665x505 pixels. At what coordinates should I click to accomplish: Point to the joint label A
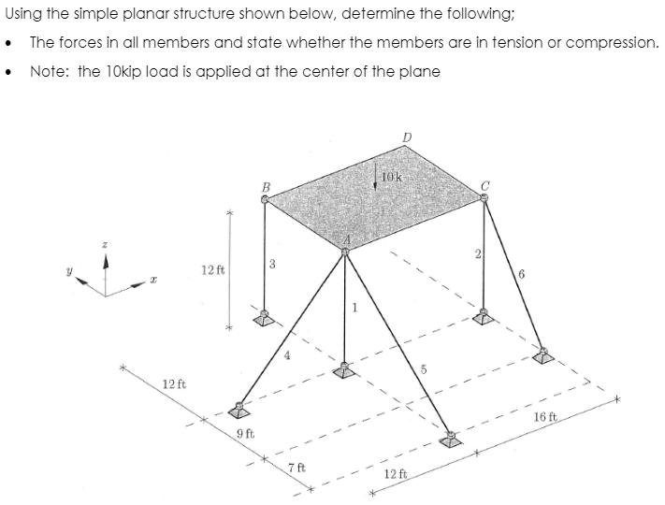click(x=346, y=241)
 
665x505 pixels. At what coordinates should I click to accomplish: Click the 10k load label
click(x=391, y=177)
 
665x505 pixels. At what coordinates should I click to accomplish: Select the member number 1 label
click(x=355, y=309)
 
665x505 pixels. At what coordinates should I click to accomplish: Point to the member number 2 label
click(x=476, y=253)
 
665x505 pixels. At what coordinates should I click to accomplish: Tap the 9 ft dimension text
click(x=246, y=433)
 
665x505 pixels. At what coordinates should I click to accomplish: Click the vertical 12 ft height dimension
click(x=211, y=270)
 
